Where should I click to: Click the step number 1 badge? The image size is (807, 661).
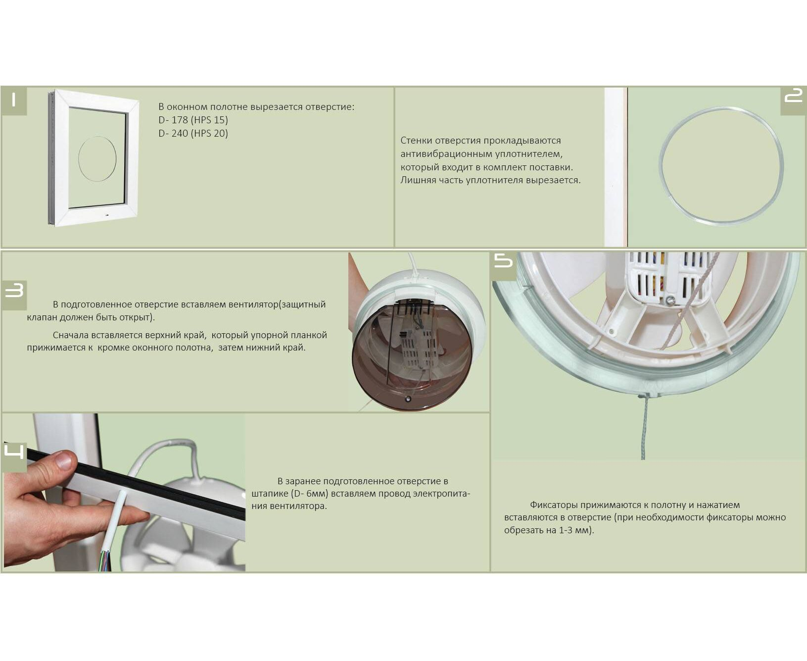click(x=14, y=101)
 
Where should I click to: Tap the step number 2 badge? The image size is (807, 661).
click(x=793, y=101)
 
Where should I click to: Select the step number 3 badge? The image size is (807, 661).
click(x=14, y=295)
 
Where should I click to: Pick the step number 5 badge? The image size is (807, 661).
click(x=504, y=261)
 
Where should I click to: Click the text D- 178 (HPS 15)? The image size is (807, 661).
click(x=193, y=120)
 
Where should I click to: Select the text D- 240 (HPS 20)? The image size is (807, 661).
click(x=193, y=134)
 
